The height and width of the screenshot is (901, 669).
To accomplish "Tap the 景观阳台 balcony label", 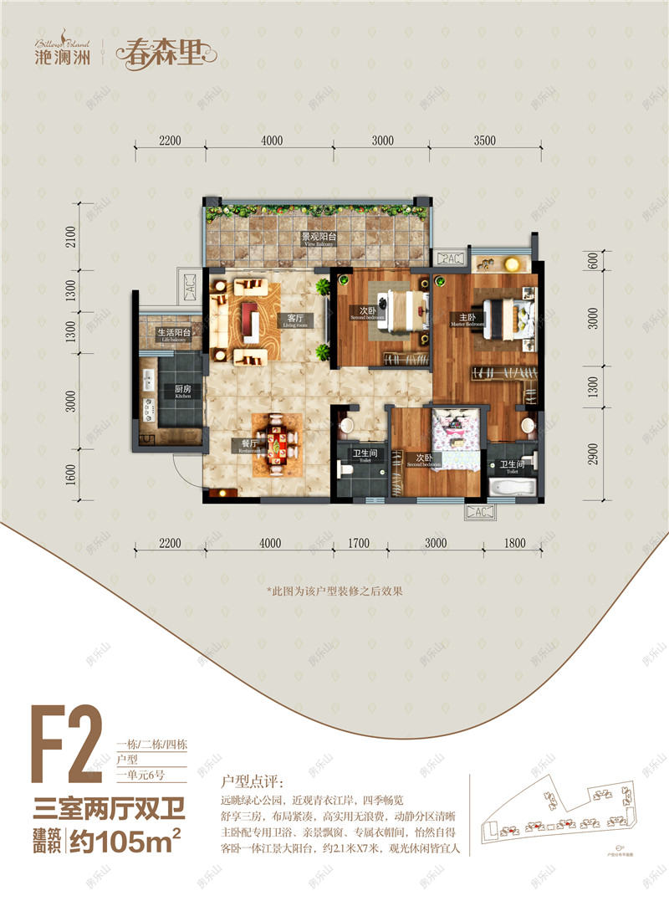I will (x=319, y=237).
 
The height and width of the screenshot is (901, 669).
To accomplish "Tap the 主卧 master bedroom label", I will (x=466, y=318).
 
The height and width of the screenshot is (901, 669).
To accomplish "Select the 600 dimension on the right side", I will (x=592, y=260).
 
